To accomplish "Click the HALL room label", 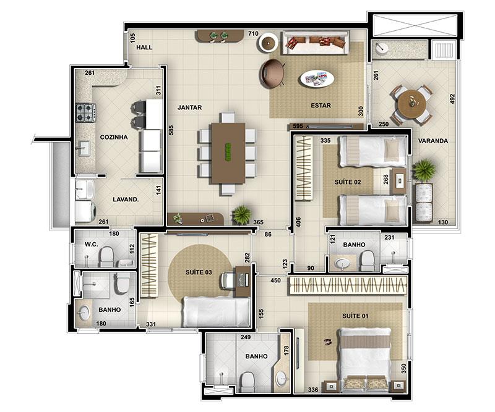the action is coord(144,48).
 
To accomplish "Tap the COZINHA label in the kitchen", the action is coord(114,137).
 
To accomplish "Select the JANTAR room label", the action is coord(189,107).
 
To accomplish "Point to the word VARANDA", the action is coord(433,141).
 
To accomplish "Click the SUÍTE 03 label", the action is coord(199,272).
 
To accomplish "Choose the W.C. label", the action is coord(91,245).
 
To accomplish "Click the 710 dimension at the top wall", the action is coord(253,34).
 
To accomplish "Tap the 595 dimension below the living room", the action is coord(298,126).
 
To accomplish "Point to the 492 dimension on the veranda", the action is coord(452,99).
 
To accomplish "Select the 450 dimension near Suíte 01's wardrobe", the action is coord(275,280).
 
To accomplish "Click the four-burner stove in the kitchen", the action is coord(85,113).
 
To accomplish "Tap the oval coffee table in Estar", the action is coord(317,78).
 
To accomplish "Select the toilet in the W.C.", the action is coord(106,256).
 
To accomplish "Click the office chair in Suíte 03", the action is coord(228,280).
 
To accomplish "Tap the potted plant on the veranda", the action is coord(424,170).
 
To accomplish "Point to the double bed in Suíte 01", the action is coord(364,359).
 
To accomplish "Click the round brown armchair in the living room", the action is coord(272,74).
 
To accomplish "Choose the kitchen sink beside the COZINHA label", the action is coord(84,148).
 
